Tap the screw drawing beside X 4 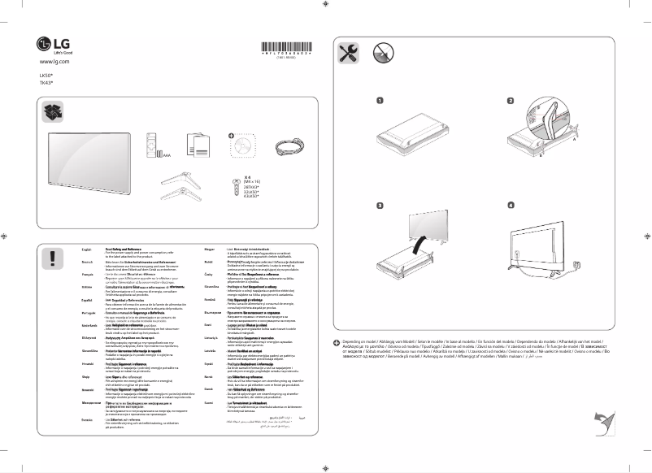click(x=233, y=178)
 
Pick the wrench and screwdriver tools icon click(x=346, y=54)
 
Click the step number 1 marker click(x=380, y=101)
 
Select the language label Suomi click(x=209, y=403)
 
